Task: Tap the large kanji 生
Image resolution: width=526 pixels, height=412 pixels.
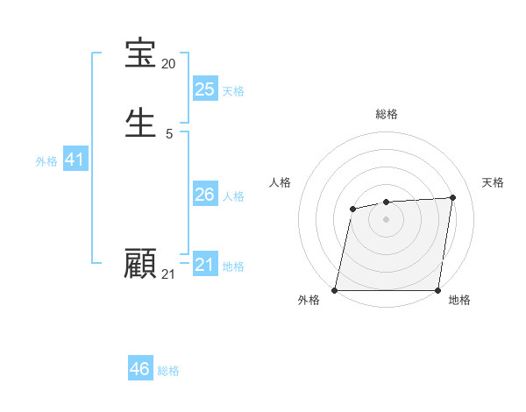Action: tap(141, 122)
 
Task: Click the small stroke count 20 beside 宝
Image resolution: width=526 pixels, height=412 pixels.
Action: tap(168, 64)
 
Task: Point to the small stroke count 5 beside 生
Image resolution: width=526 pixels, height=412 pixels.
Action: tap(169, 133)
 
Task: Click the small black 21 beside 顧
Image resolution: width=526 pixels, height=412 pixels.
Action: tap(168, 274)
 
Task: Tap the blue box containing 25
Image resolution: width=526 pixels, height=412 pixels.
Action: tap(204, 89)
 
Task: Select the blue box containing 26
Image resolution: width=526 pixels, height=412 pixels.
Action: tap(204, 194)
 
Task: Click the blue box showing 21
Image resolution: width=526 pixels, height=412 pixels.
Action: tap(204, 264)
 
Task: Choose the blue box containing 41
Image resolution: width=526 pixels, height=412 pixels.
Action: tap(75, 160)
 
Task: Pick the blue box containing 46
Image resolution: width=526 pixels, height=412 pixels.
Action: tap(139, 369)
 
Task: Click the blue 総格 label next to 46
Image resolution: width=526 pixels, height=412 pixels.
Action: tap(168, 371)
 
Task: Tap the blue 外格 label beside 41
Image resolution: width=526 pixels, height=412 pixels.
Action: tap(46, 161)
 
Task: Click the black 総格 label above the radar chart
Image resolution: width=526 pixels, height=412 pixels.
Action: tap(386, 114)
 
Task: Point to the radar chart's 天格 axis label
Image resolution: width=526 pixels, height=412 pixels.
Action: tap(493, 182)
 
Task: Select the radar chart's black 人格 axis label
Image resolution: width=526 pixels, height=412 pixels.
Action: tap(281, 182)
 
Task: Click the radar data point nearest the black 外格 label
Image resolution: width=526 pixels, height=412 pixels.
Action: tap(335, 289)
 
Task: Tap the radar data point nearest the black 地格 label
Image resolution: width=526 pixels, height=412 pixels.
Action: tap(437, 289)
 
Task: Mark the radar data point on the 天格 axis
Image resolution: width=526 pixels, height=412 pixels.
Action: tap(452, 197)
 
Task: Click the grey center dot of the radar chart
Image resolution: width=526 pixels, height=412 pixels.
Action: tap(386, 219)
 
